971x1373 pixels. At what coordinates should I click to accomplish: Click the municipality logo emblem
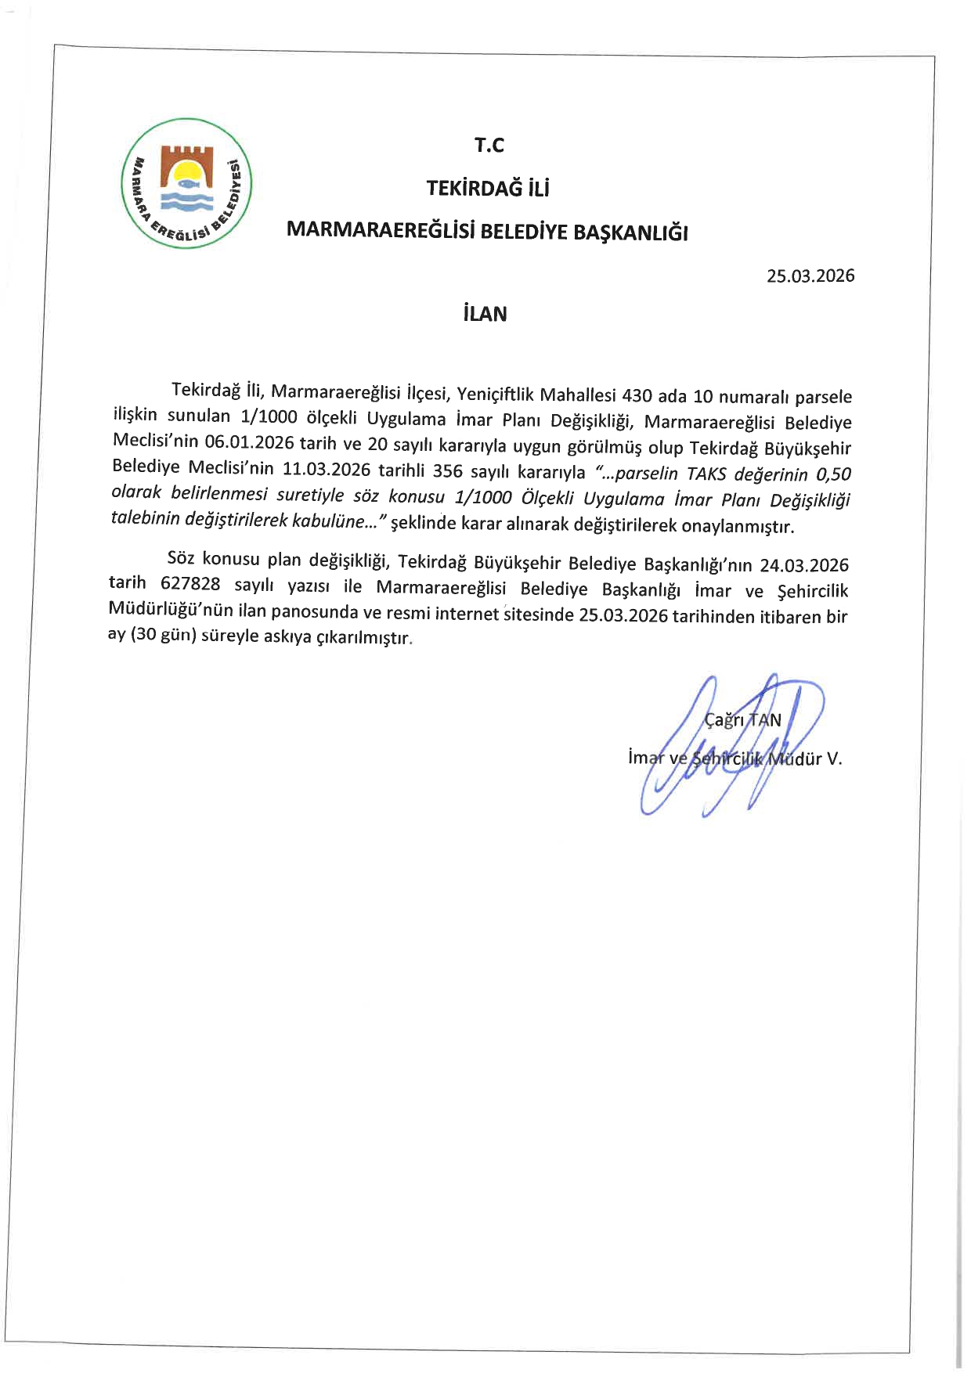pos(186,183)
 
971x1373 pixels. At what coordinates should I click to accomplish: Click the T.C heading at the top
pos(489,145)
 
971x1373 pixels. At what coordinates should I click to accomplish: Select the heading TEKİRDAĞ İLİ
pos(488,188)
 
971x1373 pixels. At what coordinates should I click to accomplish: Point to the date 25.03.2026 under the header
pos(810,276)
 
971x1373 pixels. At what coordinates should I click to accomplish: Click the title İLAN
pos(485,314)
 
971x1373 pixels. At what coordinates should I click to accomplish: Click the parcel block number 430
pos(637,395)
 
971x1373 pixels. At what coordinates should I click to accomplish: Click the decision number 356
pos(448,471)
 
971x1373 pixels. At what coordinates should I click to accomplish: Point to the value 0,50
pos(833,474)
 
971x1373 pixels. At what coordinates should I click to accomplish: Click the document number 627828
pos(190,585)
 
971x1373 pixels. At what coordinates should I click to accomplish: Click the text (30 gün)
pos(163,636)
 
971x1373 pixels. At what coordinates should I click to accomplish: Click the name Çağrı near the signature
pos(724,720)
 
